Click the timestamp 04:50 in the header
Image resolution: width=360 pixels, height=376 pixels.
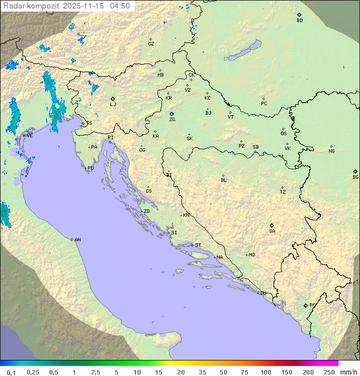(120, 6)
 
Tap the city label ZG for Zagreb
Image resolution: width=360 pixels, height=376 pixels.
(172, 120)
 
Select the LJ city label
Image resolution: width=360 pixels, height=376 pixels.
(113, 104)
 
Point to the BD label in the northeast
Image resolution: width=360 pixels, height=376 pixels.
(299, 21)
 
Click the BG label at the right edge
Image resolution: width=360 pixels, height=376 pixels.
(355, 177)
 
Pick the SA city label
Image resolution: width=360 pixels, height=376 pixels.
(272, 231)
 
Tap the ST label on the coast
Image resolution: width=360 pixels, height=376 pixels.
(198, 245)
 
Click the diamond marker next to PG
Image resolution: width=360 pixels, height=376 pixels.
(305, 305)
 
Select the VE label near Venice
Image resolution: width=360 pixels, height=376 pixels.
(29, 135)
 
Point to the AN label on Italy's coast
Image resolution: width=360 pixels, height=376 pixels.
(77, 240)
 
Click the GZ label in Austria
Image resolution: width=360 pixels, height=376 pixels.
(151, 44)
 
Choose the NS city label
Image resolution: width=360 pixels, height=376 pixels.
(331, 151)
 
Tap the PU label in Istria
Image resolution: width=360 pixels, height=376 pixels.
(90, 168)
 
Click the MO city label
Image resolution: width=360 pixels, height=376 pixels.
(251, 254)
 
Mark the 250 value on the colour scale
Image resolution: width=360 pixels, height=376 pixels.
(329, 372)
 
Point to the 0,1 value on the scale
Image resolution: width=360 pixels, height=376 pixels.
(11, 372)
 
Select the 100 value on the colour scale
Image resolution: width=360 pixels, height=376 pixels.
(265, 372)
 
